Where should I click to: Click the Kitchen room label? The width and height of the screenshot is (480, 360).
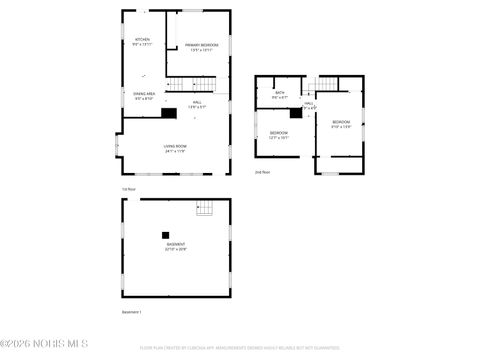point(142,42)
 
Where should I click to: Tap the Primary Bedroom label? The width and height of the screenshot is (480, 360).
point(201,47)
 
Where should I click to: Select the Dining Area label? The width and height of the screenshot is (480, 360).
point(145,96)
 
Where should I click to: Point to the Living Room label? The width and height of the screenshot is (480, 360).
point(176,149)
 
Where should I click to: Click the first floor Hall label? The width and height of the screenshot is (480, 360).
point(199,104)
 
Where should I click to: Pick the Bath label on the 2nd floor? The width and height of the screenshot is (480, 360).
point(280,95)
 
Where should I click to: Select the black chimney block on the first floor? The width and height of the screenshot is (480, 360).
point(168,113)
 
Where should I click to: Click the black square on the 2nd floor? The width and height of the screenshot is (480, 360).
point(296,113)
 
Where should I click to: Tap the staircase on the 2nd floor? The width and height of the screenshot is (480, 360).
point(327,85)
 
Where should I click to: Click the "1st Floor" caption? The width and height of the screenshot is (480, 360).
point(128,187)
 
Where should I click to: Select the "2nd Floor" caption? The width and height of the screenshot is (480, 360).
point(262,172)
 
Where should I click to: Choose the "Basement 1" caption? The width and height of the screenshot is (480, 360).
point(132,312)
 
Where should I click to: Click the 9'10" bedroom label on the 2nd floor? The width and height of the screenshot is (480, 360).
point(341,125)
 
